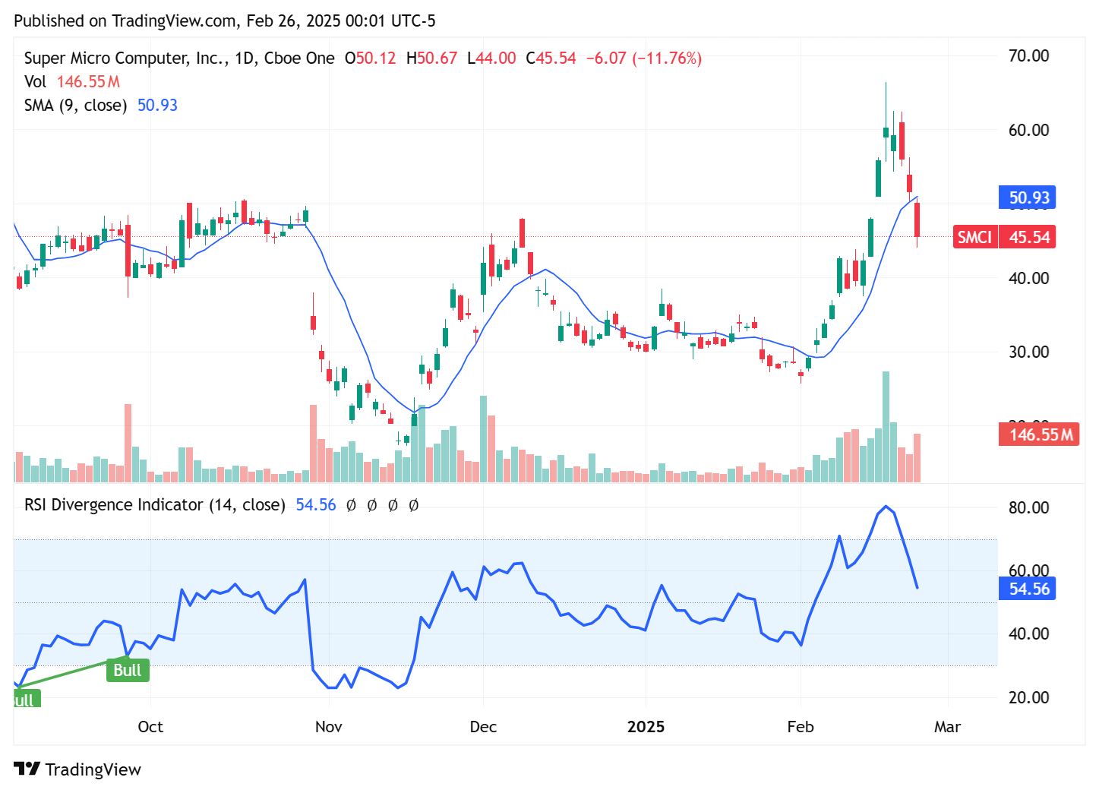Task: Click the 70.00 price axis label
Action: coord(1028,56)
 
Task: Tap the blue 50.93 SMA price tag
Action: coord(1028,198)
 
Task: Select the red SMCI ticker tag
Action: coord(974,237)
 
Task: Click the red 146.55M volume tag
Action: coord(1039,434)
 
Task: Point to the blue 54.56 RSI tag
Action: coord(1028,589)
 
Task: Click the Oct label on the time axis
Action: coord(150,727)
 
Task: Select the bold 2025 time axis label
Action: coord(646,727)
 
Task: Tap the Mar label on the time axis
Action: coord(947,727)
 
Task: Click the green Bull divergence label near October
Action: coord(128,670)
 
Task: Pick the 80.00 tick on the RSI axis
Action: coord(1028,507)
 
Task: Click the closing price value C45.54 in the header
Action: coord(551,58)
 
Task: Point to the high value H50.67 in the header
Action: coord(431,58)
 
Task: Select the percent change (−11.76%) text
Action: coord(667,58)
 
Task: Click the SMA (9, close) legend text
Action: coord(75,106)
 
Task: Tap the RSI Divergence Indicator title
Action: coord(154,505)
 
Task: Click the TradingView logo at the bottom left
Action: coord(77,769)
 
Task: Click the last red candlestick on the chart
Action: coord(917,220)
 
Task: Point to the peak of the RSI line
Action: coord(886,507)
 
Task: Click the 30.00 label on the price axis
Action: coord(1028,352)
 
